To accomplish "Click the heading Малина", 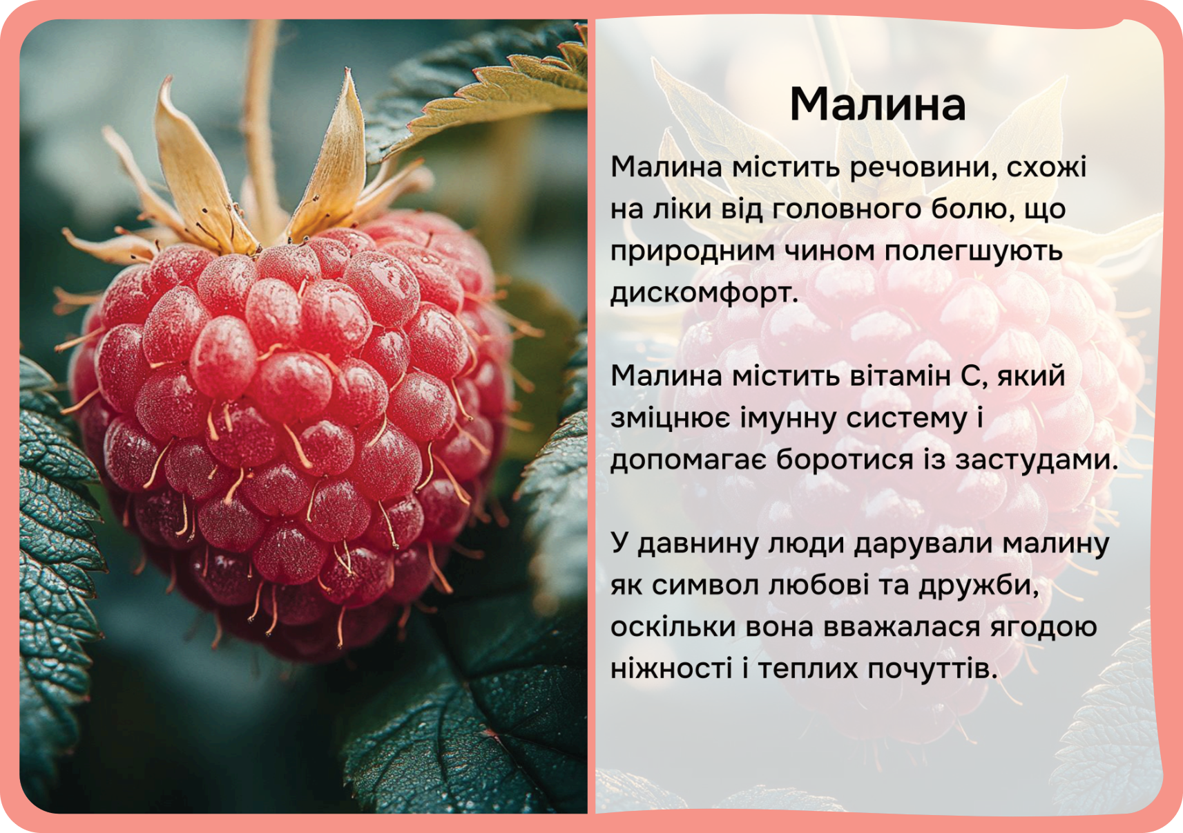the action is point(878,104).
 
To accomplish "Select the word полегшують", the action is point(973,252).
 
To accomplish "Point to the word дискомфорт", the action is point(704,293).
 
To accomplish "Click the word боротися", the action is point(845,460).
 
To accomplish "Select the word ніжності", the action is point(671,669).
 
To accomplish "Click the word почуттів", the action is point(932,669).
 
